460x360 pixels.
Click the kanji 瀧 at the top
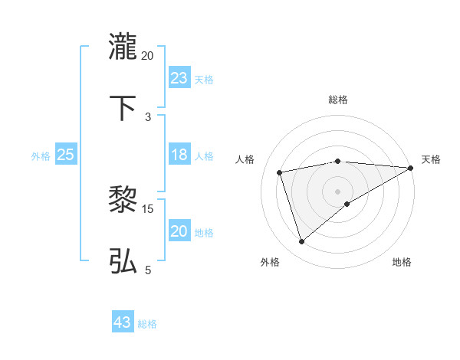(123, 47)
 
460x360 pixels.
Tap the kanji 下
(123, 108)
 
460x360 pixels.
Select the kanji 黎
(123, 201)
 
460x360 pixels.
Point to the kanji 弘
(123, 261)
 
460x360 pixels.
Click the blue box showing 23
(179, 78)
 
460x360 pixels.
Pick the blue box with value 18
(179, 155)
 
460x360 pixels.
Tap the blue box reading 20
(179, 231)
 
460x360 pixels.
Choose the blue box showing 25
(66, 155)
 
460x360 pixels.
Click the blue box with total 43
(123, 322)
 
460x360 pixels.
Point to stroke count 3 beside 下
(148, 116)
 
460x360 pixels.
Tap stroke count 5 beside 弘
(148, 270)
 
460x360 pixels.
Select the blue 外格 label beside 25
(41, 155)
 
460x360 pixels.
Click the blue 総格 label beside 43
(147, 323)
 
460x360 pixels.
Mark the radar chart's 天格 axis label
(431, 159)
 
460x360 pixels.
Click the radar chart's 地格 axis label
(402, 262)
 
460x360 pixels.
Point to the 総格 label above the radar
(338, 100)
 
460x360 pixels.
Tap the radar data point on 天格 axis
(411, 168)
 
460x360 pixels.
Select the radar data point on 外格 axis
(301, 242)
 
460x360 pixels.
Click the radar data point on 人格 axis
(280, 172)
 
